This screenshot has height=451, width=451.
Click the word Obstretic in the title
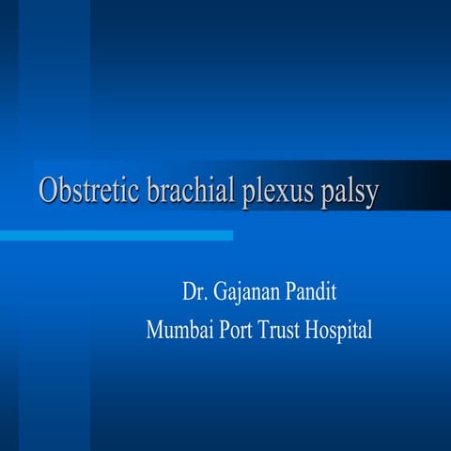pos(88,191)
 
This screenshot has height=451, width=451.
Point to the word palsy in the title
pos(347,193)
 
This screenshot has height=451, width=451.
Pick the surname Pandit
pos(313,293)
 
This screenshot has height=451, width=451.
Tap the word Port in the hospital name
pos(236,331)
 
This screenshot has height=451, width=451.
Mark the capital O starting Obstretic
pos(48,191)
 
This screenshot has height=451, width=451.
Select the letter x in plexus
pos(274,194)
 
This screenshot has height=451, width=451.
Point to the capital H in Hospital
pos(315,331)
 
